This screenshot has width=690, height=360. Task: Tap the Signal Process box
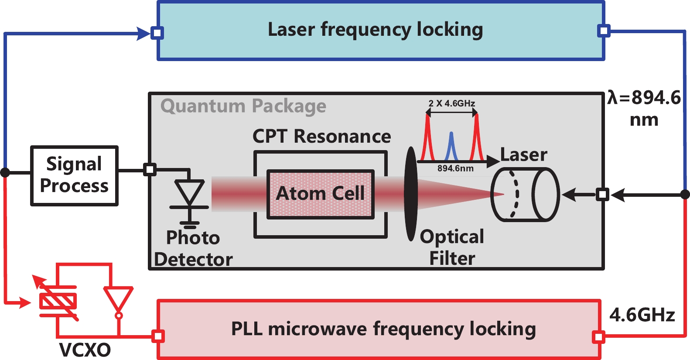(x=74, y=175)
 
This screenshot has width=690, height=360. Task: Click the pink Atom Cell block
(x=321, y=194)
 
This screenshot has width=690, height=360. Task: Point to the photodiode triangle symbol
(x=189, y=192)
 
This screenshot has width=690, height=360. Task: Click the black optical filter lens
(x=410, y=194)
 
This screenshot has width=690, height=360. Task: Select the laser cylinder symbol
(x=525, y=195)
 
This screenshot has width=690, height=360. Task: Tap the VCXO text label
(x=85, y=350)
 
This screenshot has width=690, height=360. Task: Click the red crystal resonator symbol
(x=58, y=301)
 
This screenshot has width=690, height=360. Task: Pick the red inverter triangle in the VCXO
(x=118, y=299)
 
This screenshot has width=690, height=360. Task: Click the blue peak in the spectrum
(x=451, y=146)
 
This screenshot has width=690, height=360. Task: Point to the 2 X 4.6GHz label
(x=451, y=103)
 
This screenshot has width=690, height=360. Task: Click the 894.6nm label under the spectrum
(x=455, y=168)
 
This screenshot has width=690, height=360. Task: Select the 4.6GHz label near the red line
(x=642, y=315)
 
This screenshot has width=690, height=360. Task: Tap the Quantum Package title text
(x=243, y=106)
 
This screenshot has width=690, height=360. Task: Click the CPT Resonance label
(x=321, y=137)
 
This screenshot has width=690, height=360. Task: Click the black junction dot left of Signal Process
(x=5, y=172)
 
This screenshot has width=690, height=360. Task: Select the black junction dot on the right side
(x=685, y=195)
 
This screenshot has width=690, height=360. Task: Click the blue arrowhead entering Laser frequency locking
(x=143, y=33)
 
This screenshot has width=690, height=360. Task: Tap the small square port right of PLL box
(x=598, y=337)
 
